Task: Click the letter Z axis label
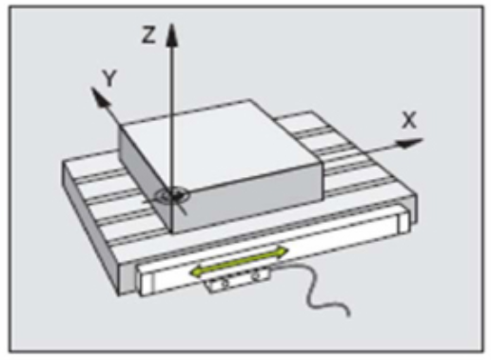148,34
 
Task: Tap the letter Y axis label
109,78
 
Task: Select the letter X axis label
409,120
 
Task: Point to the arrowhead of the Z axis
172,35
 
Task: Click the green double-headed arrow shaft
239,262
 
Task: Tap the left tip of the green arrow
190,272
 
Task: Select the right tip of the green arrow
288,250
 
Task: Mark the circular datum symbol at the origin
173,195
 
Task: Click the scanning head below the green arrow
239,280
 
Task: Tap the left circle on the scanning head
223,283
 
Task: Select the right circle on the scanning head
256,275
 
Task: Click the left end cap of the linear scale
147,281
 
